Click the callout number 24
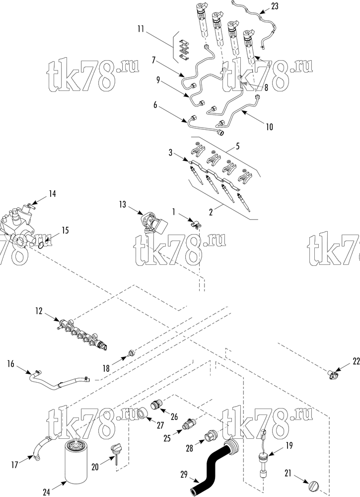click(47, 492)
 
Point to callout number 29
click(184, 475)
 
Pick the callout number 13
click(123, 204)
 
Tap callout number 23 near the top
click(275, 6)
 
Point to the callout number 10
click(269, 127)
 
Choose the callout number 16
click(11, 364)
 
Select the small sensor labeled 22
click(332, 375)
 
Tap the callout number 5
click(237, 146)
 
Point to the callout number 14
click(52, 193)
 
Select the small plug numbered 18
click(131, 352)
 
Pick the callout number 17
click(14, 465)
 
